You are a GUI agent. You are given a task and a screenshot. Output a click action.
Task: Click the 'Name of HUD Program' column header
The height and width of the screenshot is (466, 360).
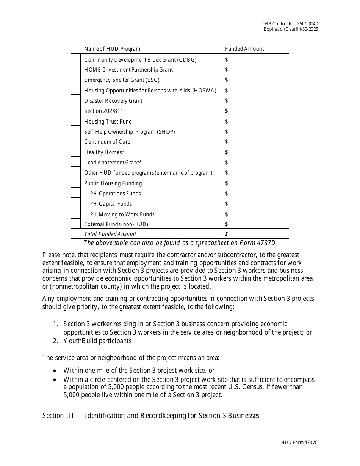[112, 49]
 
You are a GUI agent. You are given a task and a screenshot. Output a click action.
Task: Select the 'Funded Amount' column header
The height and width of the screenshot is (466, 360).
[244, 49]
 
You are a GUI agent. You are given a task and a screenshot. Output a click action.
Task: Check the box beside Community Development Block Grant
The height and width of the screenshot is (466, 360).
[76, 59]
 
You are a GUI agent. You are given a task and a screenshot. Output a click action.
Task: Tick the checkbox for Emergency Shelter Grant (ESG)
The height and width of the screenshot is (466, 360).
[76, 80]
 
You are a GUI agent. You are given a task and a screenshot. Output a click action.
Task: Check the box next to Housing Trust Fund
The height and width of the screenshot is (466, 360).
[76, 121]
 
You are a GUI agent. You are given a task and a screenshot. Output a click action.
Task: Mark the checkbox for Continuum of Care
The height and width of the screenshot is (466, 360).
[76, 142]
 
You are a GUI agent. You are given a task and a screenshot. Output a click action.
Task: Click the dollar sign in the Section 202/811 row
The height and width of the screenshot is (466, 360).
[227, 111]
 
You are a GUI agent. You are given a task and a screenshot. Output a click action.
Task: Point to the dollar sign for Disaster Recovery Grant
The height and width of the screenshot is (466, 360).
[227, 101]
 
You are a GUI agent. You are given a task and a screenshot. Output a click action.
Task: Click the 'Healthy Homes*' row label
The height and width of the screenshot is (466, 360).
[104, 152]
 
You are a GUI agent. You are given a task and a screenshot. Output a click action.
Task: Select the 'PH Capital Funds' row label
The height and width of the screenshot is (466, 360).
[111, 204]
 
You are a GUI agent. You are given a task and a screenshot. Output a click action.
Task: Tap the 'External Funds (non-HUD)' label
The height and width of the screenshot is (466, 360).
[116, 224]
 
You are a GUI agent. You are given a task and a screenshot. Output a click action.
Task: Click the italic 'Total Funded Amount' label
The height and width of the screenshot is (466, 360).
[110, 234]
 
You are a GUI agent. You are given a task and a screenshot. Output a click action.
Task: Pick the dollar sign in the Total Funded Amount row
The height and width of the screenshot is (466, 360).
[227, 234]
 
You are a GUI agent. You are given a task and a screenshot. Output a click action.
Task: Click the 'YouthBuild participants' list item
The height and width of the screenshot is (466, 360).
[97, 341]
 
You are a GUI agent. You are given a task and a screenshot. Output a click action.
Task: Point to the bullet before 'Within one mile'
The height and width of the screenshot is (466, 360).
[55, 371]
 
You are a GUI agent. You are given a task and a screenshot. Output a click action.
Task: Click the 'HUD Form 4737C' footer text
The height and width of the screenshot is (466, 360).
[299, 443]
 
